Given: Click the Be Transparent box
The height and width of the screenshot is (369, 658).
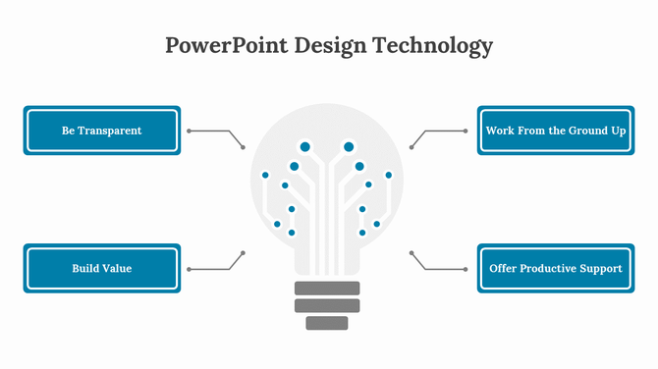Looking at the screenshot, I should pyautogui.click(x=102, y=131).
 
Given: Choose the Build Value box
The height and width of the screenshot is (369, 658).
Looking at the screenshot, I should pyautogui.click(x=102, y=268).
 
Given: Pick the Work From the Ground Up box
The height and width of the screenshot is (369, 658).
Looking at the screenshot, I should pyautogui.click(x=556, y=131).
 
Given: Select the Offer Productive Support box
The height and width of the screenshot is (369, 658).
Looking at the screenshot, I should pyautogui.click(x=556, y=268).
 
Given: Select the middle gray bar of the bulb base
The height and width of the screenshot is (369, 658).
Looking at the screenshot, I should pyautogui.click(x=327, y=305).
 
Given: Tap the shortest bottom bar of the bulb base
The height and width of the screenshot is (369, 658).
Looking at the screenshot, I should pyautogui.click(x=327, y=322).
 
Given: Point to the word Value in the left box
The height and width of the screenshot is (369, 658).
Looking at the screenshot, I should pyautogui.click(x=117, y=268).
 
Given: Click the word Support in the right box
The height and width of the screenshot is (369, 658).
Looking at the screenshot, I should pyautogui.click(x=603, y=268).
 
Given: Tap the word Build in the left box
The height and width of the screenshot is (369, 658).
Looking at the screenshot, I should pyautogui.click(x=85, y=268).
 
